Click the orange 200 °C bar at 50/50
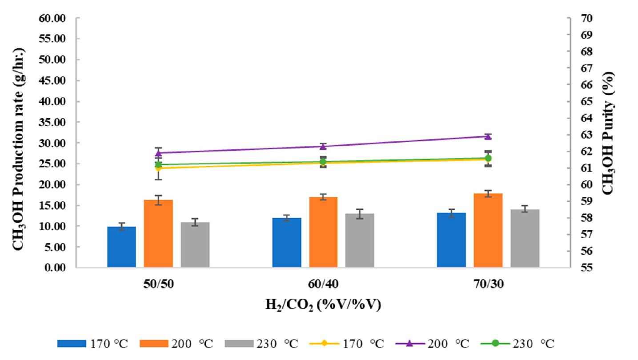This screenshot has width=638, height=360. click(158, 234)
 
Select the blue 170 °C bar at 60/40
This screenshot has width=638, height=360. click(287, 243)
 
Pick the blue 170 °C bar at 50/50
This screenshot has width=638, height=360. click(121, 247)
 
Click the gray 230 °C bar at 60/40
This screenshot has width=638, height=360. click(360, 240)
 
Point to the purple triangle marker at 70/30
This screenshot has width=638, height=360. click(488, 136)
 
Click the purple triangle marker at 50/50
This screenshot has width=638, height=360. click(158, 153)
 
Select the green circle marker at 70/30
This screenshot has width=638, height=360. click(488, 158)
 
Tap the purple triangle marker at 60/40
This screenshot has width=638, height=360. click(323, 146)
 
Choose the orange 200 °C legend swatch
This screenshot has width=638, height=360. click(154, 344)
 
